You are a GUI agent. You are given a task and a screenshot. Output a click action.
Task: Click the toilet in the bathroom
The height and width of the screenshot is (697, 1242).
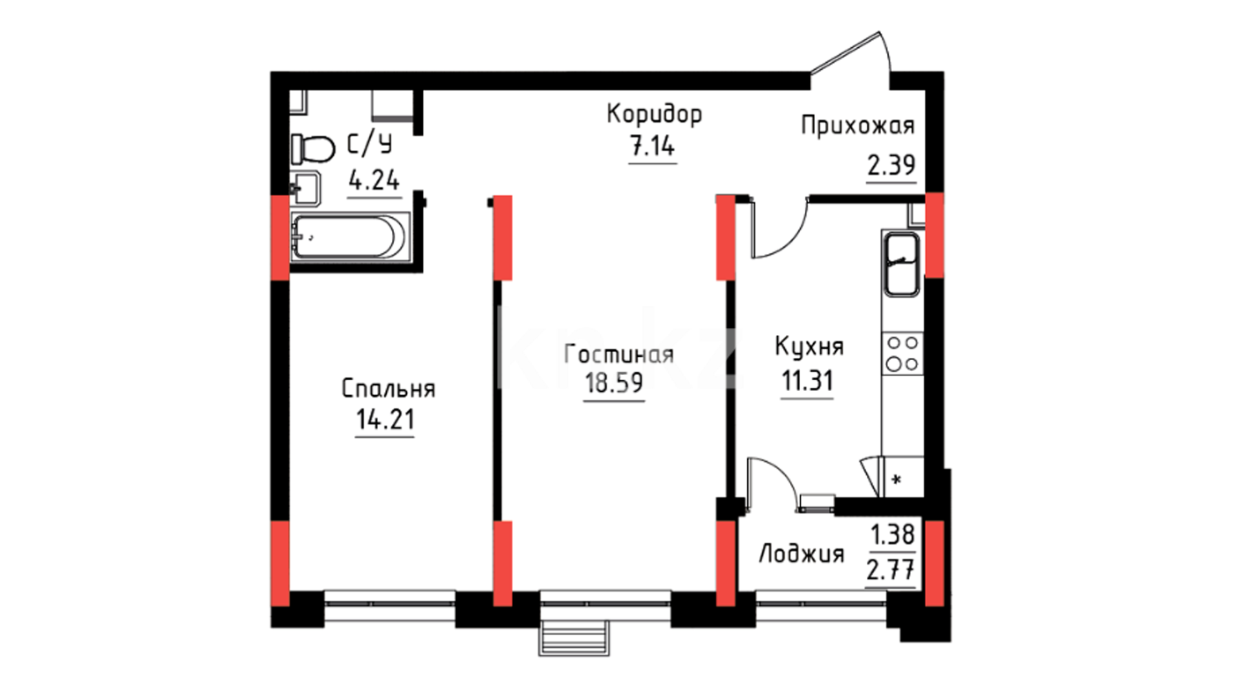pos(312,149)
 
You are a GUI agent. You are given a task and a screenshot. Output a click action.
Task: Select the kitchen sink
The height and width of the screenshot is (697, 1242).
pos(901,264)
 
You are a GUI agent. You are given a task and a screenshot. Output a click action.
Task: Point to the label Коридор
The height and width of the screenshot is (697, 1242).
pos(654,114)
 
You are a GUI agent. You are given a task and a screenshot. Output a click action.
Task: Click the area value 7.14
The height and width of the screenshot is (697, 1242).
pos(653,147)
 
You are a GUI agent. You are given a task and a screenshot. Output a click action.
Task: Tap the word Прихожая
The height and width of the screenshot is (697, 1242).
pos(858,125)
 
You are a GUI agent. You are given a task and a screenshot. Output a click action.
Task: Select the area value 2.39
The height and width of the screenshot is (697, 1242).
pos(891,166)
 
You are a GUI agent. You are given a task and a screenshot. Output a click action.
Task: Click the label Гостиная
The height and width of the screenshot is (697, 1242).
pos(619,354)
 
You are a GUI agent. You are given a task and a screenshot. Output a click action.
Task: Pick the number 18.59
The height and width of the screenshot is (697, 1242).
pos(614,383)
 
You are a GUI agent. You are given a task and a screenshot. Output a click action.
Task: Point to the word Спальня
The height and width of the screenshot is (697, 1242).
pos(388,389)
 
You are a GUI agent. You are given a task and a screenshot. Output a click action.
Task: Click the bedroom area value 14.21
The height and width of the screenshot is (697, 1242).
pos(385,420)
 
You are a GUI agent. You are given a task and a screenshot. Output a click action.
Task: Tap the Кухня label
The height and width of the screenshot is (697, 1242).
pos(809,347)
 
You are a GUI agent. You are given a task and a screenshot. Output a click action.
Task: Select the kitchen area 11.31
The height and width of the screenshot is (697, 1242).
pos(807,381)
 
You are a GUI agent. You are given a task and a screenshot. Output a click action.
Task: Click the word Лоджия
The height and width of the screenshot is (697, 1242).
pos(801,554)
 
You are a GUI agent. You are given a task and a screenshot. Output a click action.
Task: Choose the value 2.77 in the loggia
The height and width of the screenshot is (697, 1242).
pos(890,571)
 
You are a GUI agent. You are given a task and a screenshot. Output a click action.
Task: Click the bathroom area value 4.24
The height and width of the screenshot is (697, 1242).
pos(374,180)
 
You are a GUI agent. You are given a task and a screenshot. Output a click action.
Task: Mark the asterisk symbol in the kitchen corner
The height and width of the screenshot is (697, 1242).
pos(897,480)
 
